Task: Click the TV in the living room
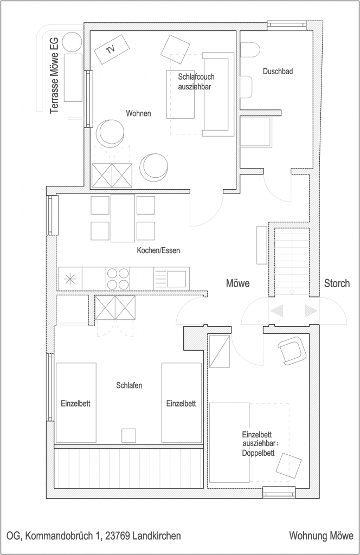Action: [112, 49]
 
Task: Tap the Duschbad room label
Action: [278, 72]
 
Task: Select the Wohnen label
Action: [138, 113]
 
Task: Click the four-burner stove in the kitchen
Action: [118, 279]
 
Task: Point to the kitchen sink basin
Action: [176, 279]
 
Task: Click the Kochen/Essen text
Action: [158, 250]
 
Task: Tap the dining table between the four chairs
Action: [123, 218]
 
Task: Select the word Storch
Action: [337, 283]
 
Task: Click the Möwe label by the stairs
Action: [238, 283]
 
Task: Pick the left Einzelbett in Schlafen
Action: [76, 403]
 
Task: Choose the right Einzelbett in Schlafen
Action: [182, 403]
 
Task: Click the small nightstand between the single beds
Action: [128, 435]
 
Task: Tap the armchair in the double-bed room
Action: [292, 351]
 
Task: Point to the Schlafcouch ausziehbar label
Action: [196, 82]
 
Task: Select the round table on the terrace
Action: [72, 42]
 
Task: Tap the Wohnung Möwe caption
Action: [321, 535]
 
